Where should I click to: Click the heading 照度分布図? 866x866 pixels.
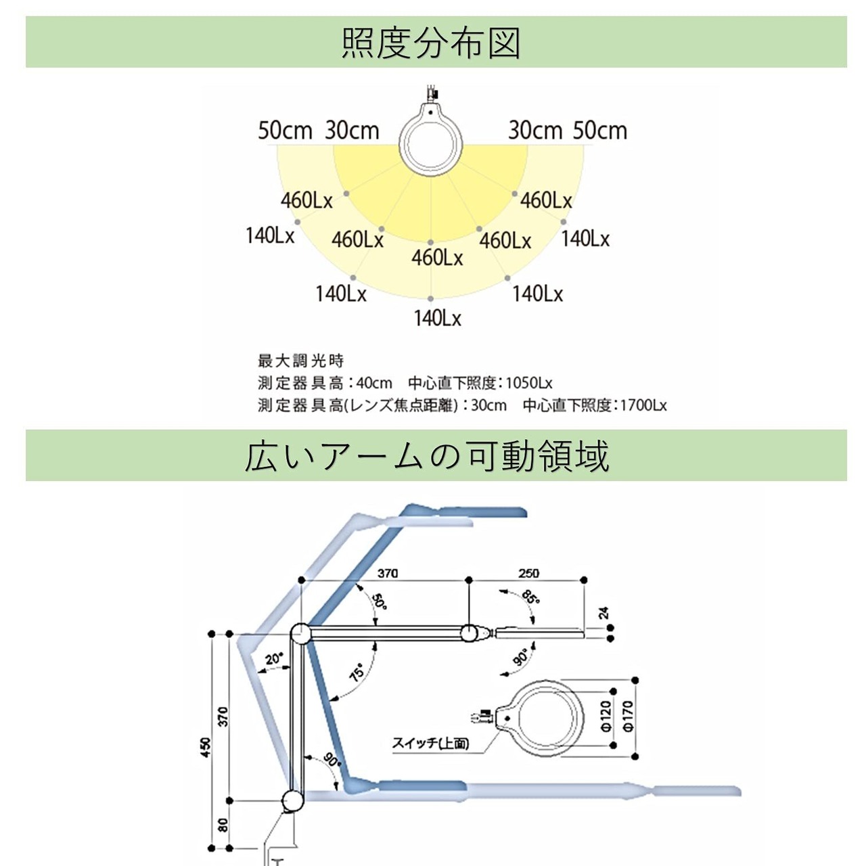[x=431, y=43]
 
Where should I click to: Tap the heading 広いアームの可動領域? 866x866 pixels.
[x=427, y=455]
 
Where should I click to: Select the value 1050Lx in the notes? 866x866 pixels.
[x=529, y=383]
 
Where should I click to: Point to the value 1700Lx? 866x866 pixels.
[x=643, y=405]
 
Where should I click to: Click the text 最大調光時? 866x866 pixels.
[x=301, y=361]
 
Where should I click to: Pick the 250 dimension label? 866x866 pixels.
[x=528, y=573]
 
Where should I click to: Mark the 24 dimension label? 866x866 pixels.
[x=604, y=614]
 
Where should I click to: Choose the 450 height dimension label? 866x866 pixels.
[x=206, y=747]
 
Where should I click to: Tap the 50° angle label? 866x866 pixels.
[x=379, y=601]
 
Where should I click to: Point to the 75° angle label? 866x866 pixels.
[x=357, y=672]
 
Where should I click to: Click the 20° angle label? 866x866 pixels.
[x=274, y=658]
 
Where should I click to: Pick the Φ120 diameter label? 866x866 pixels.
[x=606, y=715]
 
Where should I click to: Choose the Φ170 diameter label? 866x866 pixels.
[x=627, y=715]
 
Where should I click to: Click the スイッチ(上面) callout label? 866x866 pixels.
[x=430, y=744]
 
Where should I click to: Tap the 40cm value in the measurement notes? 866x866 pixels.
[x=374, y=383]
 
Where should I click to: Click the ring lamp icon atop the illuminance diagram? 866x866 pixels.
[x=430, y=139]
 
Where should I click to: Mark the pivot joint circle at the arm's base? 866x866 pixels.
[x=293, y=800]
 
